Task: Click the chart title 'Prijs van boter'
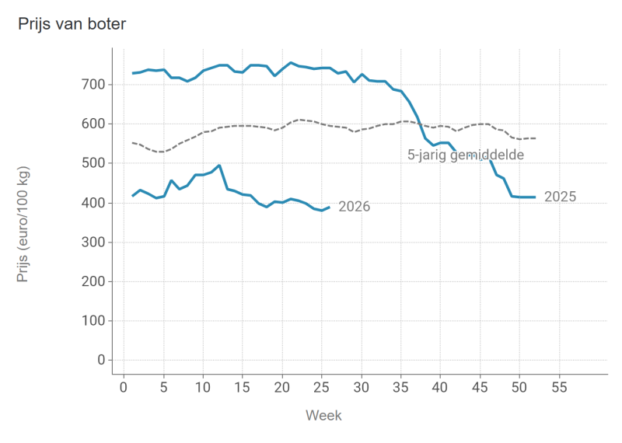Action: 72,24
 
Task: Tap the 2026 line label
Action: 355,207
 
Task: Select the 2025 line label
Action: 560,197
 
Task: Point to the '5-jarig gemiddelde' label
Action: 466,155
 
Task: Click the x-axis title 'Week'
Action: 323,415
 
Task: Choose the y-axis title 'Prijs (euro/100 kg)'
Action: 23,224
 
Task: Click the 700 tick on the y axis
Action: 93,85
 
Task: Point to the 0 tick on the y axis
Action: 102,360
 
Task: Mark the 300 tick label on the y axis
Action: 93,242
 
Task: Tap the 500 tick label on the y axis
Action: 93,163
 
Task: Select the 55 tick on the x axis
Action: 559,387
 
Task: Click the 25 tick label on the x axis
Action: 321,387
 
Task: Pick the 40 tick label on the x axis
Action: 440,387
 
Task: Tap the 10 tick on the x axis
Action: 203,387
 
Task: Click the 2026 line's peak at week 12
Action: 219,166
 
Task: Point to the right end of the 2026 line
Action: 330,207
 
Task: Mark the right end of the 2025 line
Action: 536,197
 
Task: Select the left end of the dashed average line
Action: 132,143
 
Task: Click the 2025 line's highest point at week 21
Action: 290,63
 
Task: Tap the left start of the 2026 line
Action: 132,196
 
